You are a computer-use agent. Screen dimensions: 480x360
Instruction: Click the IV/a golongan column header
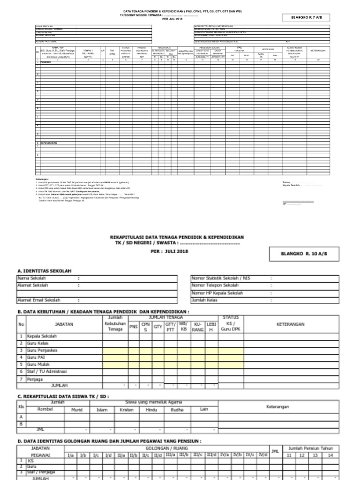point(224,455)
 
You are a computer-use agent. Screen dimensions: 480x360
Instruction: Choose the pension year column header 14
point(330,455)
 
